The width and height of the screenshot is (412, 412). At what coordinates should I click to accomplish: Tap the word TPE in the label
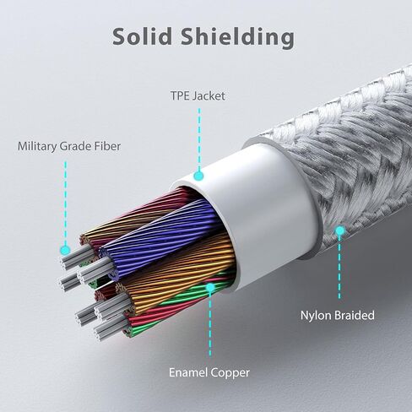pyautogui.click(x=179, y=96)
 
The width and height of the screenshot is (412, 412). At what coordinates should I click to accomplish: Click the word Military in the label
pyautogui.click(x=37, y=147)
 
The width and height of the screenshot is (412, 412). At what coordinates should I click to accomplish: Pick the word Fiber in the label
pyautogui.click(x=108, y=146)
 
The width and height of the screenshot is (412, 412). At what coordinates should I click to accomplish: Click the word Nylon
pyautogui.click(x=316, y=316)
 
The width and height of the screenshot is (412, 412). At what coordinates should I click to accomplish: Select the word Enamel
pyautogui.click(x=188, y=372)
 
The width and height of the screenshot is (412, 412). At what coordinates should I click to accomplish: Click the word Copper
pyautogui.click(x=230, y=373)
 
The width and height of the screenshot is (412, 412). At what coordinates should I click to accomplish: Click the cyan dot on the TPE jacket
pyautogui.click(x=198, y=176)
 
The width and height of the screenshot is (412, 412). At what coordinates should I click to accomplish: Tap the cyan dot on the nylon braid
pyautogui.click(x=340, y=230)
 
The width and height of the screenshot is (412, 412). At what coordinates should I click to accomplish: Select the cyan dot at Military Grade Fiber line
pyautogui.click(x=65, y=249)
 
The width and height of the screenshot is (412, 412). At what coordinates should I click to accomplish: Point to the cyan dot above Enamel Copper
pyautogui.click(x=210, y=287)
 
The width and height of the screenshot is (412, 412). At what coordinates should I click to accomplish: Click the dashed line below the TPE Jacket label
pyautogui.click(x=199, y=139)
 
